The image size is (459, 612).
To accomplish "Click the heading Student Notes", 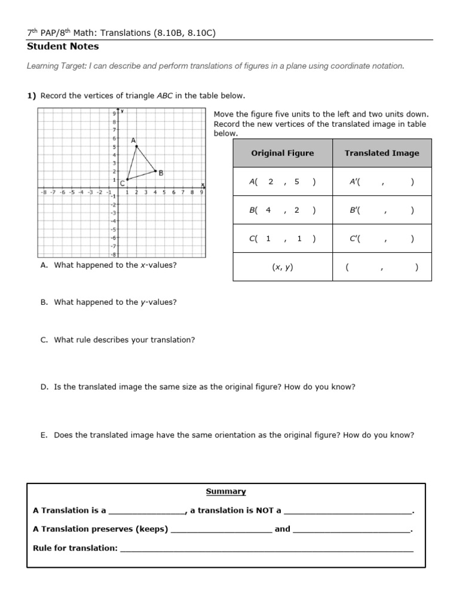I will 63,47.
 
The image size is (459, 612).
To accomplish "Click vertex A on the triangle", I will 136,146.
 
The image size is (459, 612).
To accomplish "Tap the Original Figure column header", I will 282,153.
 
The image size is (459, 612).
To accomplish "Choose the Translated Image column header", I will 381,153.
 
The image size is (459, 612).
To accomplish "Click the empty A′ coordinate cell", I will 381,182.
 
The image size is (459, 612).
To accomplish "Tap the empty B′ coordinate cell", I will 381,210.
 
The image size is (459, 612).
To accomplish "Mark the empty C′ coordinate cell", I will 381,239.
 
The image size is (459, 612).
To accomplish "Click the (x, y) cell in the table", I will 282,268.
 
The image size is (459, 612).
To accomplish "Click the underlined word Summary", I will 226,491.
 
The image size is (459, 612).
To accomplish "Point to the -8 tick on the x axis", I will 43,192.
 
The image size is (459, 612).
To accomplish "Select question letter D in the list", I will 44,387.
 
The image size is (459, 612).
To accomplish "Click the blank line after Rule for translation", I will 267,549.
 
